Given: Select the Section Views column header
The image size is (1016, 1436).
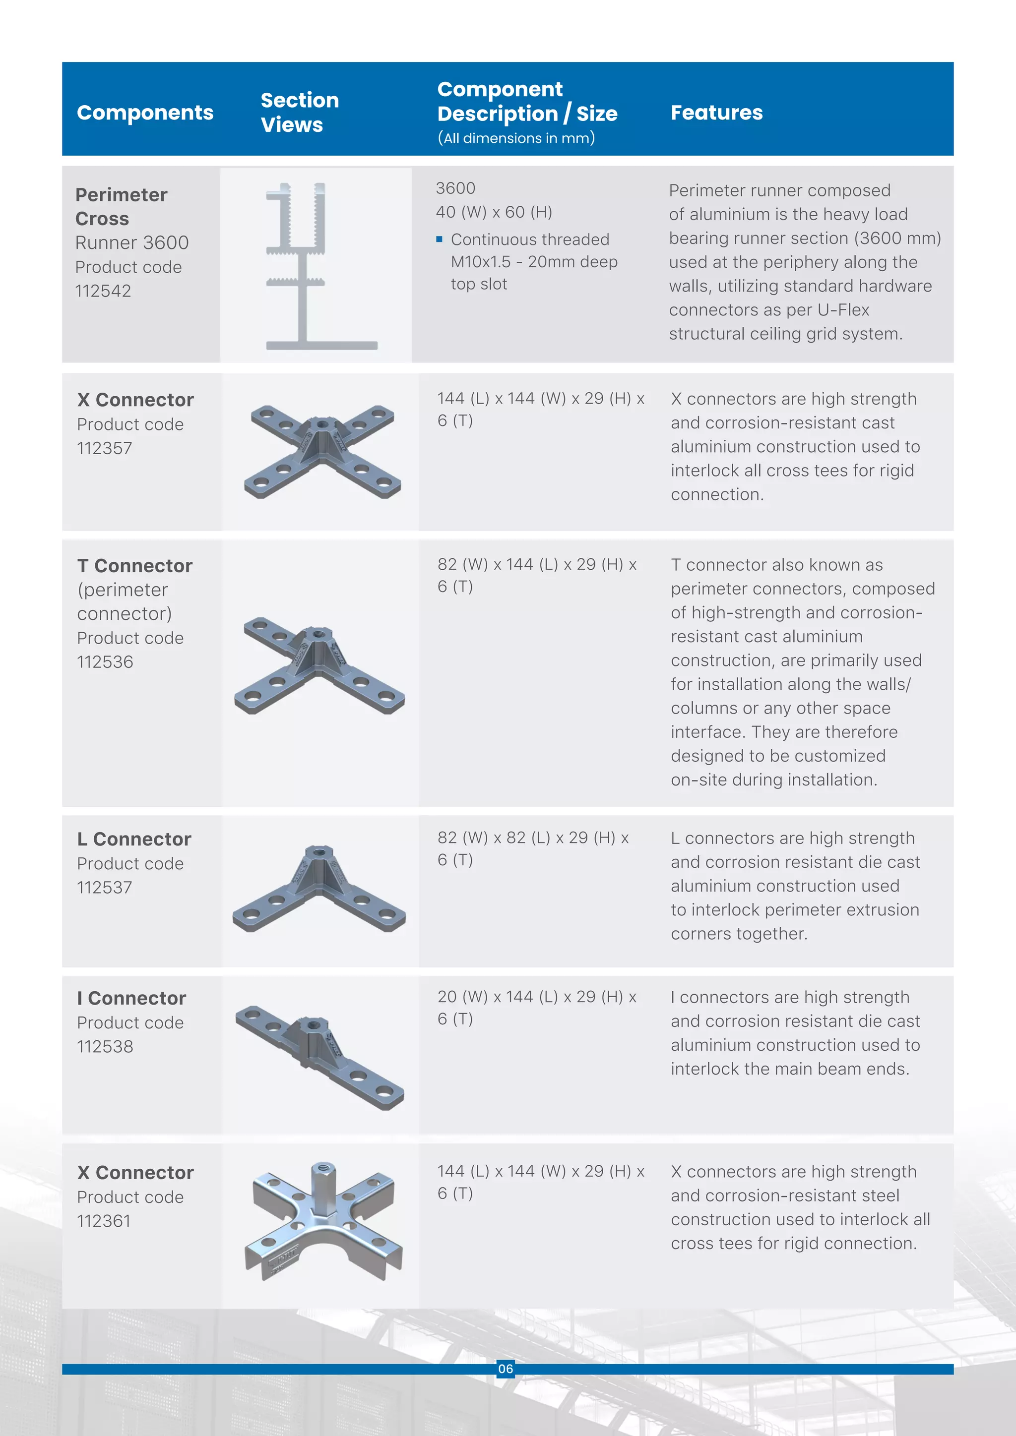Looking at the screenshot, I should (x=299, y=112).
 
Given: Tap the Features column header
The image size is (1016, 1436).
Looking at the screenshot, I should (x=716, y=113).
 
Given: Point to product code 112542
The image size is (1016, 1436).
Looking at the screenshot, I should (x=103, y=291).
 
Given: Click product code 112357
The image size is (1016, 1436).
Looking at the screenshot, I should (x=105, y=448).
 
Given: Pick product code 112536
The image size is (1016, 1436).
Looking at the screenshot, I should (x=105, y=661).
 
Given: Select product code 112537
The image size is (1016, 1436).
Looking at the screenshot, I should (x=105, y=887).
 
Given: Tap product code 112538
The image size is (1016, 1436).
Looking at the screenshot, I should (x=105, y=1046).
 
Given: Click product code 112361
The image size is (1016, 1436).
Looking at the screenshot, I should (x=104, y=1221).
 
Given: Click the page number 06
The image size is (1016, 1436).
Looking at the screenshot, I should (x=506, y=1369).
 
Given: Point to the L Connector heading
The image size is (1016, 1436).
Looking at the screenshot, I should (x=134, y=838).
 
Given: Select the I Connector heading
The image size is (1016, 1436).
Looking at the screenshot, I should (x=131, y=998).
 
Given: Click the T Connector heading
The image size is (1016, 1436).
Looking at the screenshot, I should (x=134, y=565).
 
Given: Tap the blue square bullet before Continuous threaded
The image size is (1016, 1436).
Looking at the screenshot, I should (x=439, y=239).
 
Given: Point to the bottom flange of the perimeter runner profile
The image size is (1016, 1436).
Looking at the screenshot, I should (x=321, y=345).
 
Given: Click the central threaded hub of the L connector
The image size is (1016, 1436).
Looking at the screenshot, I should (x=319, y=854).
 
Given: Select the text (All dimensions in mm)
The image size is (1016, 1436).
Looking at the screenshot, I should (x=516, y=138).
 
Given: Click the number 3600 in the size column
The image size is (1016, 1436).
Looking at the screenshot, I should (x=455, y=188).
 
